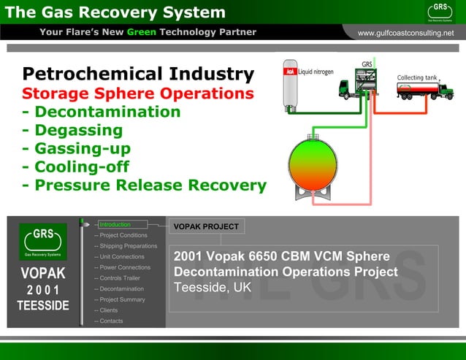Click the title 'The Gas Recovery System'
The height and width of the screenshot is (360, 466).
pyautogui.click(x=115, y=12)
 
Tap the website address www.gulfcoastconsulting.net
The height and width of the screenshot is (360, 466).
pyautogui.click(x=405, y=33)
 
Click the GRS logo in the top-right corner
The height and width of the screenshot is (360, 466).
pyautogui.click(x=440, y=11)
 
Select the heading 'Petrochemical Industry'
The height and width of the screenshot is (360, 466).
pyautogui.click(x=138, y=74)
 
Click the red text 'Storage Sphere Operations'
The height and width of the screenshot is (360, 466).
pyautogui.click(x=138, y=94)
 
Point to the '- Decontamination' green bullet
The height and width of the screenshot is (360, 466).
pyautogui.click(x=102, y=112)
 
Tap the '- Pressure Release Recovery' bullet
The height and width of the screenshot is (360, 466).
pyautogui.click(x=145, y=185)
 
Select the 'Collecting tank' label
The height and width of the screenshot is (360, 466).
pyautogui.click(x=417, y=77)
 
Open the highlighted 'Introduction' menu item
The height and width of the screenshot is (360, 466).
pyautogui.click(x=115, y=225)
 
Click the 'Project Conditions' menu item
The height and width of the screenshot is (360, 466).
pyautogui.click(x=123, y=235)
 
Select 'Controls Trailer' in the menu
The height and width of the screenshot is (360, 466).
pyautogui.click(x=121, y=278)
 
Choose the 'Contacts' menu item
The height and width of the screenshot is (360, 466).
pyautogui.click(x=111, y=321)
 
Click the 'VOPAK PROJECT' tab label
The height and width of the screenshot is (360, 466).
pyautogui.click(x=206, y=226)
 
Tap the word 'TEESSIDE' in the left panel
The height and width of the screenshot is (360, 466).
pyautogui.click(x=43, y=305)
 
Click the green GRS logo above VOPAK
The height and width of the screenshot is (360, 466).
pyautogui.click(x=43, y=241)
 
